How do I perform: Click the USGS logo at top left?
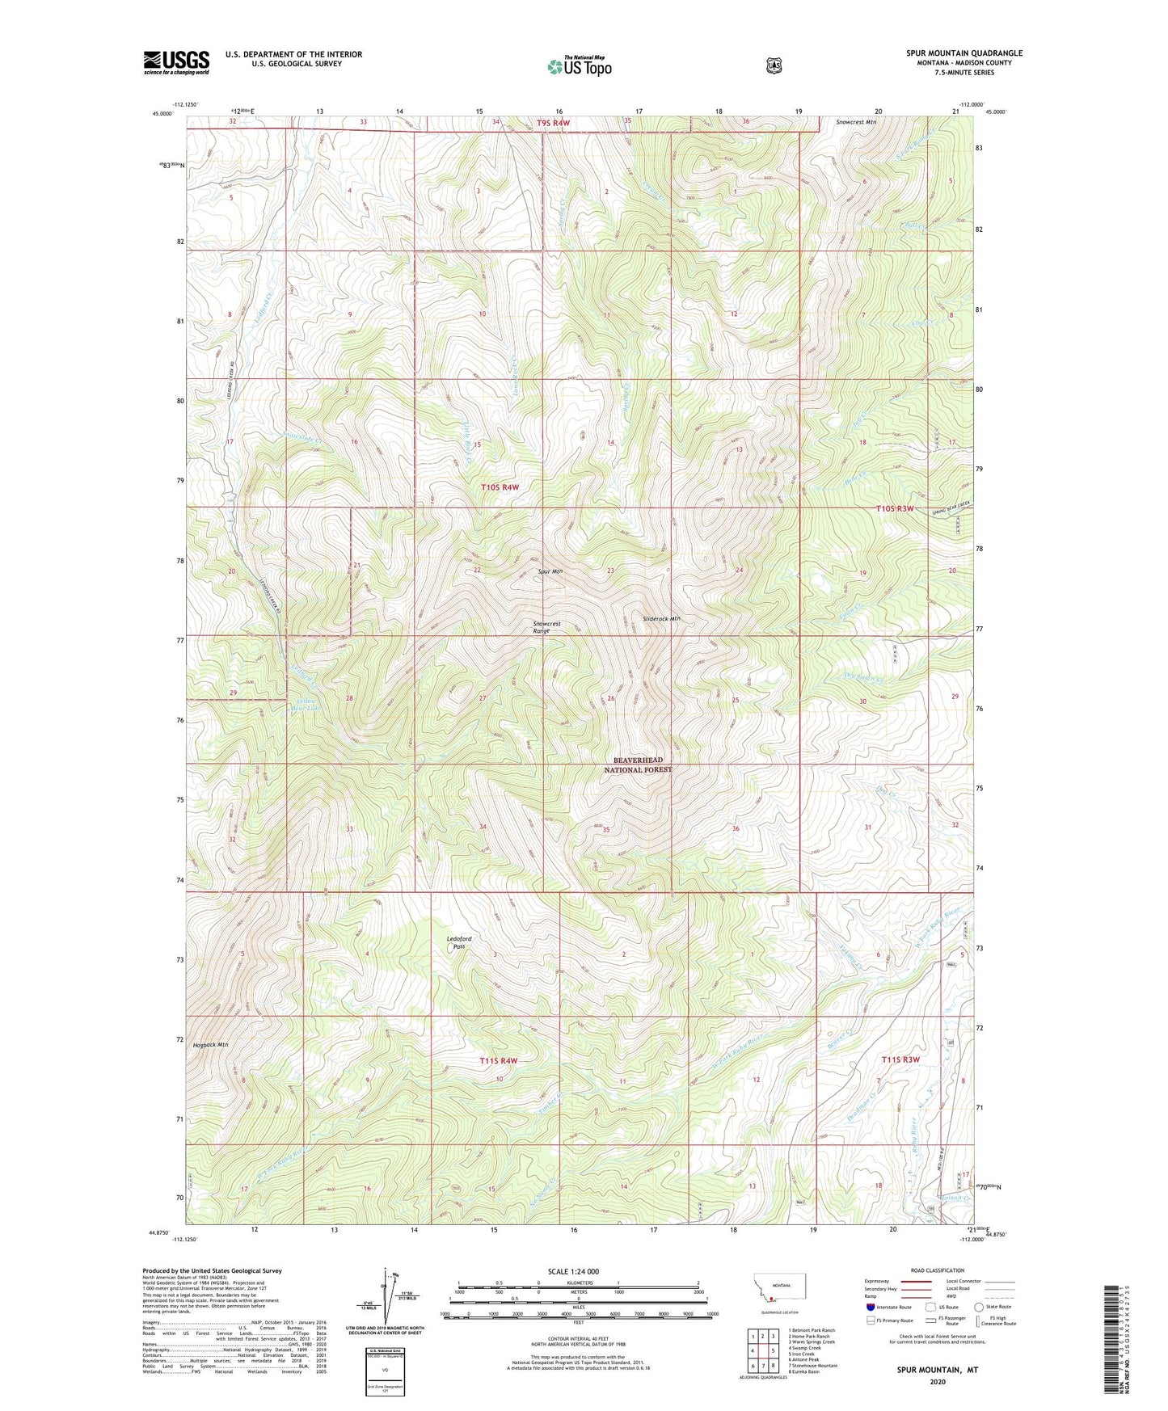[176, 62]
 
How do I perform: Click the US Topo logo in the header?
[578, 66]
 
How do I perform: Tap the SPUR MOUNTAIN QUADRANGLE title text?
[963, 53]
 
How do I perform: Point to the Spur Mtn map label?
[550, 571]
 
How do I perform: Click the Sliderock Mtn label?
[661, 619]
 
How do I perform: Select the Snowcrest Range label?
[546, 627]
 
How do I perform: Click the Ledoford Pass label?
[459, 942]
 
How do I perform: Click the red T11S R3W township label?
[900, 1059]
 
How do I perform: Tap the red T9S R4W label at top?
[553, 123]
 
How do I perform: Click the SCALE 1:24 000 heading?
[573, 1271]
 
